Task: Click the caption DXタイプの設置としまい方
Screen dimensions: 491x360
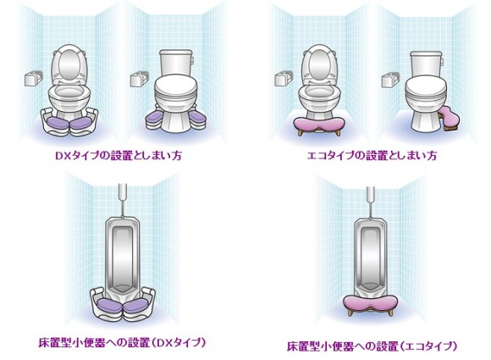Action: click(x=119, y=155)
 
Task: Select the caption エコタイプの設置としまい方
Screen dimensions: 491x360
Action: click(x=372, y=155)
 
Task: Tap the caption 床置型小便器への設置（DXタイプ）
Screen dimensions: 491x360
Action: click(x=123, y=342)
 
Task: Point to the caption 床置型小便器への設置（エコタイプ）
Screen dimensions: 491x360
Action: click(x=372, y=346)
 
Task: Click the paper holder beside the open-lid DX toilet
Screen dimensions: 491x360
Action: click(x=34, y=78)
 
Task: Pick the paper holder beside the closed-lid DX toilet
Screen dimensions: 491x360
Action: click(x=140, y=79)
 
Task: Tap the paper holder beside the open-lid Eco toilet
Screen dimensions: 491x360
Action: click(x=284, y=78)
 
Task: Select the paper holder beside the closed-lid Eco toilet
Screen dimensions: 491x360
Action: click(x=390, y=80)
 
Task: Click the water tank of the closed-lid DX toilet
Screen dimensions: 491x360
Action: click(x=176, y=63)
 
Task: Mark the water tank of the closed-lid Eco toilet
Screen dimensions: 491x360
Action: click(x=426, y=64)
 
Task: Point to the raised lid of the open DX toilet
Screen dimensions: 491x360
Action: click(x=69, y=64)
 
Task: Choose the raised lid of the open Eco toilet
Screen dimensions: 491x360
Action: click(x=319, y=64)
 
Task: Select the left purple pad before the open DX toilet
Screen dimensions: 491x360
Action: click(x=57, y=123)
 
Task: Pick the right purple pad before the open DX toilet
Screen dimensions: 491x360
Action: click(x=82, y=123)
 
